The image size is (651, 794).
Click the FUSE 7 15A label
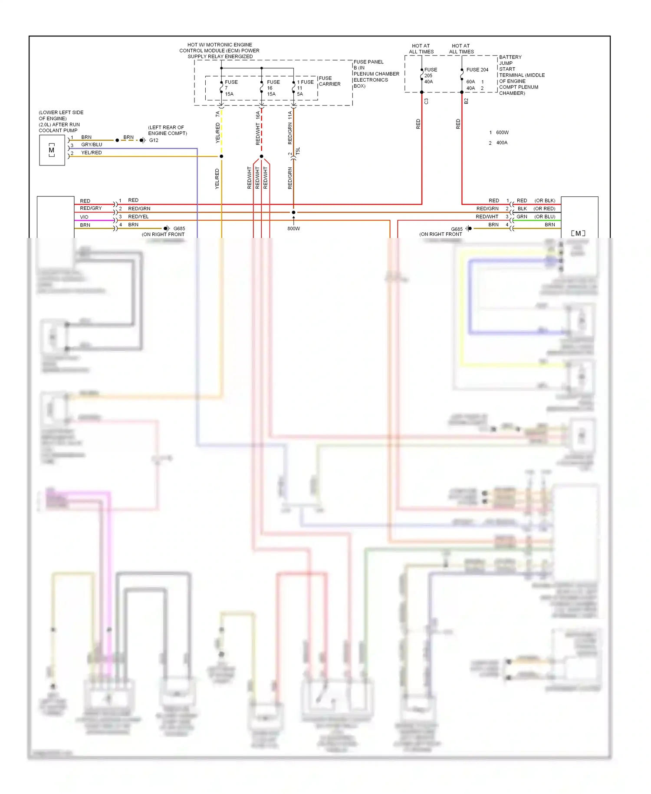click(231, 88)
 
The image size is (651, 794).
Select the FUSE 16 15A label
click(273, 88)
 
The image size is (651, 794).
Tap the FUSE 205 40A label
click(430, 76)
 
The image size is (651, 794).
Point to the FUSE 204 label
click(477, 69)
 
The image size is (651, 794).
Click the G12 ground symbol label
click(154, 140)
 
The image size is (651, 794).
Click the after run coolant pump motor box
click(52, 150)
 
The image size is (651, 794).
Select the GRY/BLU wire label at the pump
click(92, 145)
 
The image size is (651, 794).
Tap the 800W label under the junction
click(293, 228)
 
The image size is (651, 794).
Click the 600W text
click(502, 132)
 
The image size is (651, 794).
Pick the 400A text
click(502, 142)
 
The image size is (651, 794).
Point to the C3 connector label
click(426, 101)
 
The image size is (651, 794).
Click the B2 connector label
click(466, 101)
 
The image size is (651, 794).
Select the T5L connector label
click(298, 151)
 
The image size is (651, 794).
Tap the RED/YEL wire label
click(138, 216)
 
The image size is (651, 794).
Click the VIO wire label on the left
click(84, 217)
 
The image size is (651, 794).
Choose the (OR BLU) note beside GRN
click(544, 216)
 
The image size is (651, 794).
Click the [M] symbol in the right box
click(578, 233)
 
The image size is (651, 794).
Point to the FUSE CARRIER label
click(329, 81)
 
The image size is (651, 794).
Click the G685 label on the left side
click(179, 228)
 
